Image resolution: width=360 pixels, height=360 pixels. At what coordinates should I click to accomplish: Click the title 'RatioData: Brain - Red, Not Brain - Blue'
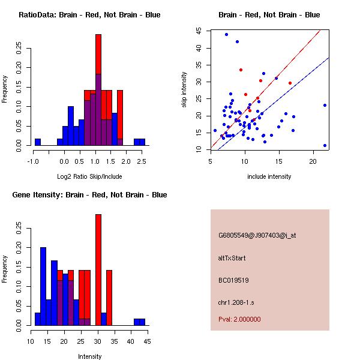89,14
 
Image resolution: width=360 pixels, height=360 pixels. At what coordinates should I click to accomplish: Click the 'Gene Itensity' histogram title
89,194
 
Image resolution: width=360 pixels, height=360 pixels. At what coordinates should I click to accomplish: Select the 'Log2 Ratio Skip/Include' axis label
89,176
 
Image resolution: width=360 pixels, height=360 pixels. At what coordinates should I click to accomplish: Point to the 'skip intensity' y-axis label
186,89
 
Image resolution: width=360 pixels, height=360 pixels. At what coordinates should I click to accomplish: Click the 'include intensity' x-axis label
269,176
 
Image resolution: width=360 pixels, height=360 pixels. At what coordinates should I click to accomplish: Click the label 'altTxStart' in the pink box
232,258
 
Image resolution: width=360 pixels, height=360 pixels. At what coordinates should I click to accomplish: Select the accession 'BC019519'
233,280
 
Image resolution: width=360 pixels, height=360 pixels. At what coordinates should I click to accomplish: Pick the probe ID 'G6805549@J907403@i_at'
257,235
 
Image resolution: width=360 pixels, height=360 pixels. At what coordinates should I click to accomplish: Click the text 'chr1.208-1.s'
235,302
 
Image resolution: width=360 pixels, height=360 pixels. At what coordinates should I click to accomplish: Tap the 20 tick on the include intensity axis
313,161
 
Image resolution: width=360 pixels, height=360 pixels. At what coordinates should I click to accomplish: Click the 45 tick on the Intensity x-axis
147,341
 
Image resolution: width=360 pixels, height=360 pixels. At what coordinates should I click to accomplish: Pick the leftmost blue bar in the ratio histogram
37,142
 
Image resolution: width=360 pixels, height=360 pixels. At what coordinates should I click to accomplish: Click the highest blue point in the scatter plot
226,34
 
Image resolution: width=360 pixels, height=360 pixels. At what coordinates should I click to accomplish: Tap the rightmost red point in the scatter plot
290,83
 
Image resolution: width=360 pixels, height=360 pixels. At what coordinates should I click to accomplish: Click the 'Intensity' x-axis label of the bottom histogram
89,356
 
